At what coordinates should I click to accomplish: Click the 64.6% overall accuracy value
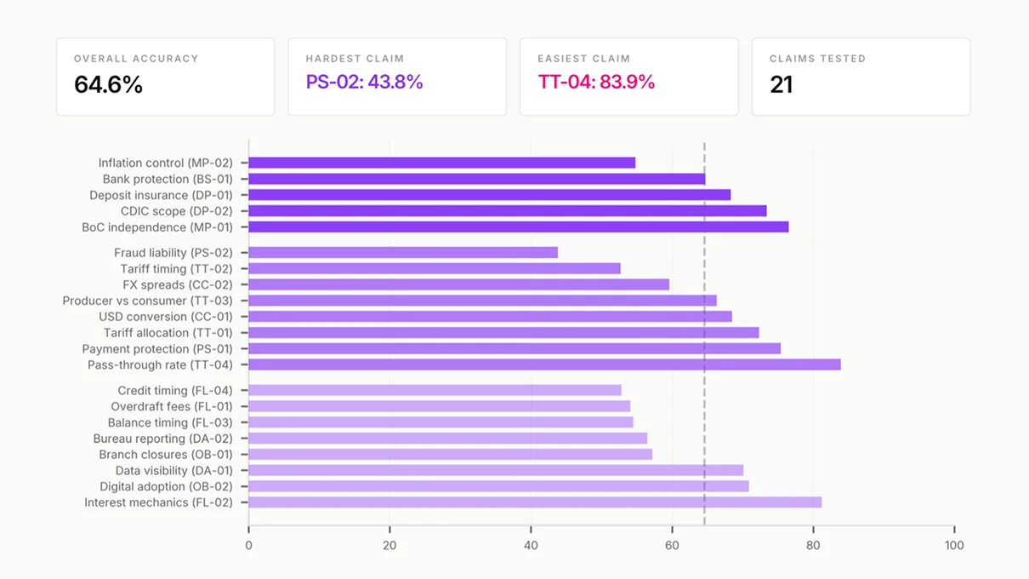coord(108,84)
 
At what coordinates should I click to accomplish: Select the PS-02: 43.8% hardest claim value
coord(364,82)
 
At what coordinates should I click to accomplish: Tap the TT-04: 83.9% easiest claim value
coord(596,82)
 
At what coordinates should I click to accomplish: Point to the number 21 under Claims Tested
coord(781,84)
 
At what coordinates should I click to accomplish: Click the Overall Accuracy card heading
coord(136,59)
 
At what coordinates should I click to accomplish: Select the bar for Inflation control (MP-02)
coord(441,163)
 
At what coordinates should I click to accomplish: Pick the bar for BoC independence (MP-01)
coord(518,227)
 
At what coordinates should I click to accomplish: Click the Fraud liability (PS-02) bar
coord(403,253)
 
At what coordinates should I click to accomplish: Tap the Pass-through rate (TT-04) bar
coord(544,365)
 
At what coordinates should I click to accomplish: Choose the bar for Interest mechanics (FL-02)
coord(535,502)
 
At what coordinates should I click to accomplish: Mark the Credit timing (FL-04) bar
coord(435,391)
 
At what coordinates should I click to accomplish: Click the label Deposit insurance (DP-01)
coord(161,195)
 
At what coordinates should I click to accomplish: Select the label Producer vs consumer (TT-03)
coord(147,301)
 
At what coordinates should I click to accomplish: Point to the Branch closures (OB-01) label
coord(166,455)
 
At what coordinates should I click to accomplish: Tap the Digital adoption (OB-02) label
coord(166,486)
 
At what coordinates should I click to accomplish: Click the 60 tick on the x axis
coord(672,545)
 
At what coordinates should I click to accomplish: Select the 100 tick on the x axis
coord(954,545)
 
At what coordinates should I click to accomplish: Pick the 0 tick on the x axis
coord(248,545)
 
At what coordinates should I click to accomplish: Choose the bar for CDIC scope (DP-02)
coord(507,211)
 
